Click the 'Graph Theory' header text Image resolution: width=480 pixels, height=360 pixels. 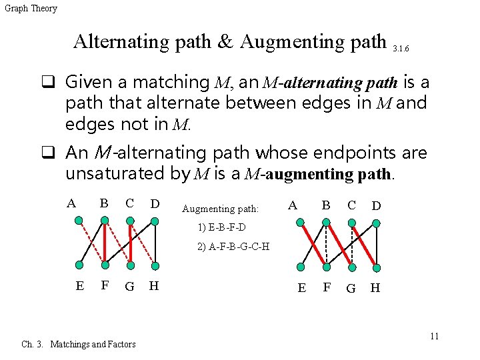click(31, 9)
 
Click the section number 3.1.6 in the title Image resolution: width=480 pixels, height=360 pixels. click(401, 49)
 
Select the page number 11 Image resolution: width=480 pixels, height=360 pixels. click(434, 336)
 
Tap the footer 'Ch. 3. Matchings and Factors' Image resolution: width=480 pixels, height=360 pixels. click(79, 344)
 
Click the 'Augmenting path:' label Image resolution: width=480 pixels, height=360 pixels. click(220, 209)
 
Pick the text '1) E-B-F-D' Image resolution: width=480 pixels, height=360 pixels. click(221, 228)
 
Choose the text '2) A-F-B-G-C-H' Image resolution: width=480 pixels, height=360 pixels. click(233, 247)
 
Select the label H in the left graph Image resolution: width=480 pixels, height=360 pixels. click(154, 287)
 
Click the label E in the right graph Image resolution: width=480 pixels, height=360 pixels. click(302, 288)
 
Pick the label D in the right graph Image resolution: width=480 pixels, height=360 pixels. click(376, 205)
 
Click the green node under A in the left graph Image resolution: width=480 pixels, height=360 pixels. click(79, 219)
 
